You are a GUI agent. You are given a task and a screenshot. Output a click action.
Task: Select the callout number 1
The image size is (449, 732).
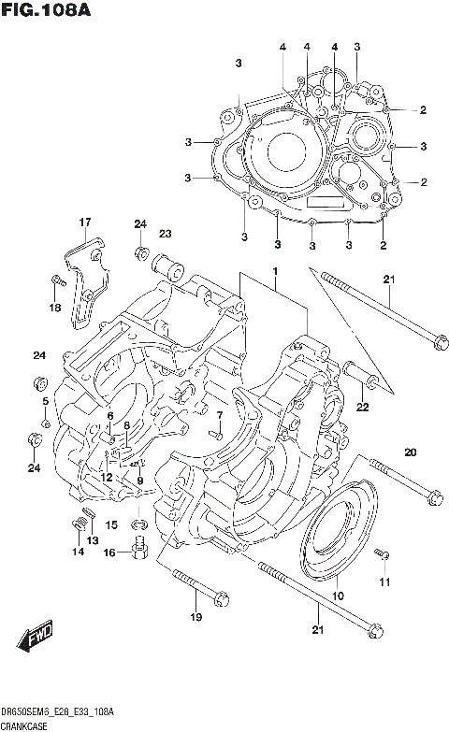[276, 271]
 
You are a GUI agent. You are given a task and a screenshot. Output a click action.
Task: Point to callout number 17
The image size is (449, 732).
[85, 222]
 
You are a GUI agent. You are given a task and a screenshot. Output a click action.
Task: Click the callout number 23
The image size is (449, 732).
[165, 234]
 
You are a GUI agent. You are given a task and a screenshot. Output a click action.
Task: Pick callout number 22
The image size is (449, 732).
[362, 406]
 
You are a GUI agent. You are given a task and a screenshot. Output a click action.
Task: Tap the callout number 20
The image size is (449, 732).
[409, 453]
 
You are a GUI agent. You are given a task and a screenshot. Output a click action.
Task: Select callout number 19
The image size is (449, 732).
[196, 618]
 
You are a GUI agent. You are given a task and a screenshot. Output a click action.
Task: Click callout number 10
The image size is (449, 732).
[338, 596]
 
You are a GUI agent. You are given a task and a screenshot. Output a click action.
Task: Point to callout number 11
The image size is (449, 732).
[384, 583]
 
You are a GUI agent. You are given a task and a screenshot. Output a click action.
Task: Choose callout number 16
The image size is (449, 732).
[109, 553]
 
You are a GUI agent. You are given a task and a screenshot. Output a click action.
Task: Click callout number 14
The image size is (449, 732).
[77, 553]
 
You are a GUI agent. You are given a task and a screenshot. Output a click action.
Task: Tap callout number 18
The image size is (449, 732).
[53, 307]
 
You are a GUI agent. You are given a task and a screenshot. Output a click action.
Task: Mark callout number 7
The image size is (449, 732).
[219, 415]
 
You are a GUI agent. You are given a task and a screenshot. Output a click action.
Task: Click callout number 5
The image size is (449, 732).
[43, 402]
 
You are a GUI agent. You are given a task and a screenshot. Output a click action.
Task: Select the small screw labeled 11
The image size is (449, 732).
[382, 556]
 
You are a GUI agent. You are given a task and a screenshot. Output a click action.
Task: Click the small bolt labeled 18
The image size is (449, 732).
[56, 278]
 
